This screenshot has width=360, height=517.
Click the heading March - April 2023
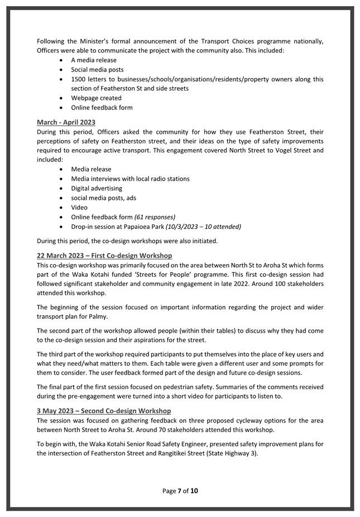[x=66, y=122]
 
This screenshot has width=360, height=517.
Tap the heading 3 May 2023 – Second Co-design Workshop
[x=104, y=411]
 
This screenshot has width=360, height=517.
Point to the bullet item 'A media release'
[x=94, y=60]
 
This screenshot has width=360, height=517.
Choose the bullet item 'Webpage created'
[x=96, y=98]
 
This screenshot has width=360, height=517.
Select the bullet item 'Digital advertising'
[x=97, y=188]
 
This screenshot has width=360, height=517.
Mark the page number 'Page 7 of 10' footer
[x=180, y=491]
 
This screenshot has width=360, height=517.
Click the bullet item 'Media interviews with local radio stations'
[x=130, y=179]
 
